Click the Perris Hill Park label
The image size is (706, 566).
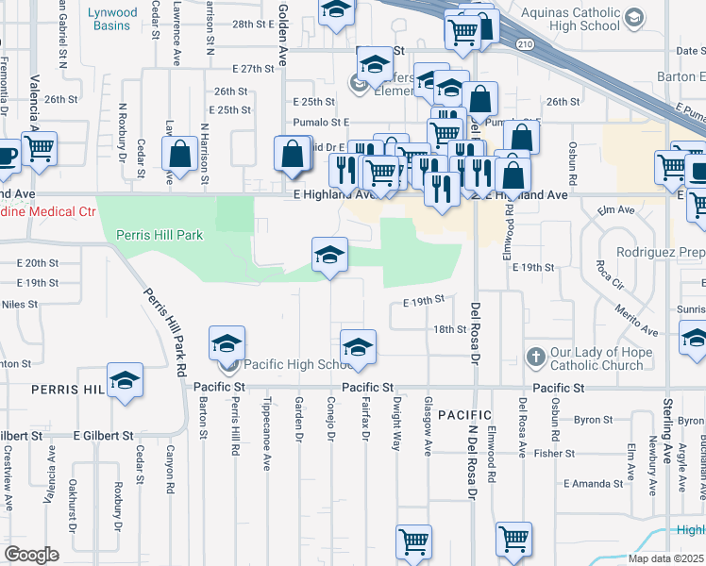(x=159, y=234)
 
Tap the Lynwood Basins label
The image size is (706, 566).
(x=112, y=19)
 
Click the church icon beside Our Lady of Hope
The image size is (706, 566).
(x=535, y=357)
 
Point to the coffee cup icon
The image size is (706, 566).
(x=5, y=156)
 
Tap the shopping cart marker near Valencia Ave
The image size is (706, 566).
(x=39, y=148)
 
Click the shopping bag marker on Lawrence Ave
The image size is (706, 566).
(x=179, y=156)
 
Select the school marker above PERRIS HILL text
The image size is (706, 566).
(x=125, y=380)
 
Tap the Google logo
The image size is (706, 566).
(x=31, y=554)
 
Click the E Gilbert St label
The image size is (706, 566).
(x=104, y=436)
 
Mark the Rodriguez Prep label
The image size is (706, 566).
(x=660, y=253)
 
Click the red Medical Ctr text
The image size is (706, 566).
(x=47, y=213)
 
